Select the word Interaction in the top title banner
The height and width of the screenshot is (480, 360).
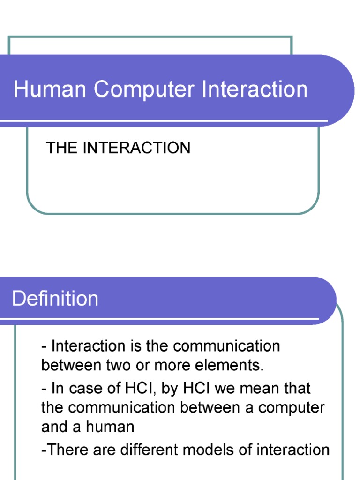coord(255,89)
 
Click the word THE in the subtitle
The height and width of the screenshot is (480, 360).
coord(61,148)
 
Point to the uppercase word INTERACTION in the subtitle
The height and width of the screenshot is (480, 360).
coord(136,148)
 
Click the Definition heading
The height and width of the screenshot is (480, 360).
coord(55,299)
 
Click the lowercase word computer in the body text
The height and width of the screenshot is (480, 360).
coord(292,407)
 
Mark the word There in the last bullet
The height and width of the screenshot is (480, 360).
coord(66,450)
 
